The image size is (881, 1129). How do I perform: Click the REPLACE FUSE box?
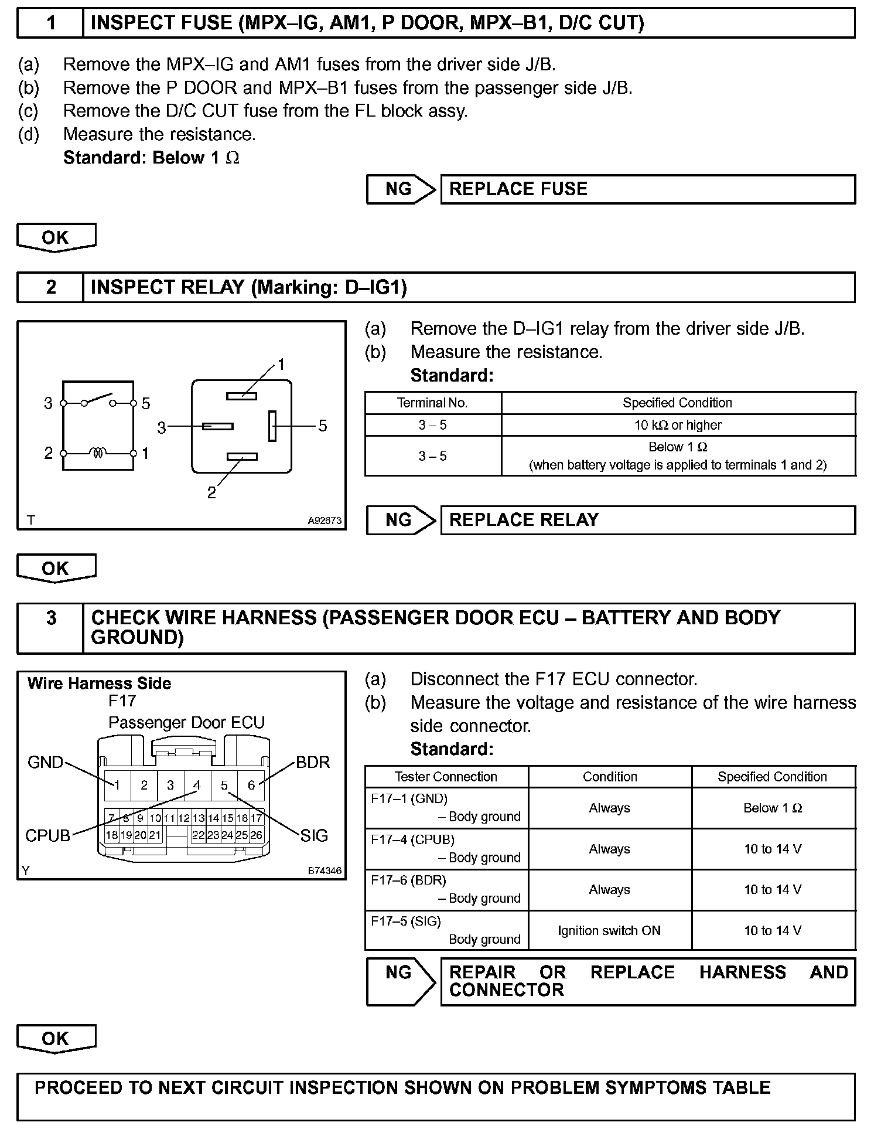click(x=647, y=189)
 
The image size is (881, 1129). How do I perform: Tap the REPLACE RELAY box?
click(x=647, y=521)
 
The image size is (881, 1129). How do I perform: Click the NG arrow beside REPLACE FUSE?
click(x=401, y=189)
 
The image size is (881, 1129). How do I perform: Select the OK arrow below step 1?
click(x=56, y=237)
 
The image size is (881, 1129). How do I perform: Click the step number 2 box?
click(x=50, y=287)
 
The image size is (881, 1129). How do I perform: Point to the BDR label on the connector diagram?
click(x=313, y=762)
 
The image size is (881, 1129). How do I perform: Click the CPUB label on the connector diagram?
click(x=47, y=835)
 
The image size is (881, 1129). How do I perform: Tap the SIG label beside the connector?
click(x=314, y=835)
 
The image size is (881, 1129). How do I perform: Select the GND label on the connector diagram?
click(x=45, y=762)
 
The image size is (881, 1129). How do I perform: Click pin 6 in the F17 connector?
click(x=251, y=785)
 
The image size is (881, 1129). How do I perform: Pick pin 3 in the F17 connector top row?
click(x=170, y=785)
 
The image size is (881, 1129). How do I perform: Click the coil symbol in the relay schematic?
click(x=98, y=453)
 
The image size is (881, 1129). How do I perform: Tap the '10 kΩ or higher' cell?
click(x=678, y=425)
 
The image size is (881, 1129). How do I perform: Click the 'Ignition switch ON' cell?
click(x=609, y=930)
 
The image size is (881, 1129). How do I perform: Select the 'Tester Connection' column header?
click(x=446, y=777)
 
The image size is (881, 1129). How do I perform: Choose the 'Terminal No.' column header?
click(x=432, y=403)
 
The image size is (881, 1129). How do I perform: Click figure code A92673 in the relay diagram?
click(x=325, y=520)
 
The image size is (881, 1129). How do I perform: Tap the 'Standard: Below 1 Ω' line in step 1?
click(x=151, y=158)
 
